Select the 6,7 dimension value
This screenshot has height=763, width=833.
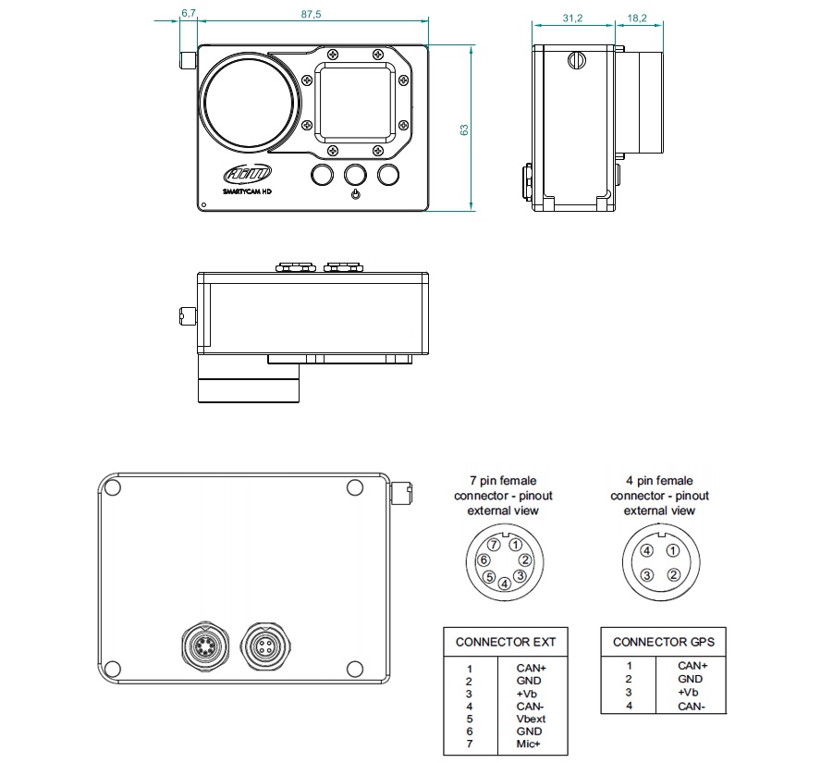coord(189,13)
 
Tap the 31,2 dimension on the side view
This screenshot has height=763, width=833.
coord(572,18)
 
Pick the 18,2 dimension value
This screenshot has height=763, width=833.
coord(636,18)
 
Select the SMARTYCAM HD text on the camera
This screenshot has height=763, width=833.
coord(247,191)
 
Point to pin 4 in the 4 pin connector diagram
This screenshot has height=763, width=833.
coord(647,551)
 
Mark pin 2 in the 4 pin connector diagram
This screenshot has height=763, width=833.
coord(673,575)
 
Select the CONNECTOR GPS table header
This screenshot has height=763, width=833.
coord(663,642)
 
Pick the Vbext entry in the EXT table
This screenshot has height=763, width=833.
coord(531,718)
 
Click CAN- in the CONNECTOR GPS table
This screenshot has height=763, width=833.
coord(692,706)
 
